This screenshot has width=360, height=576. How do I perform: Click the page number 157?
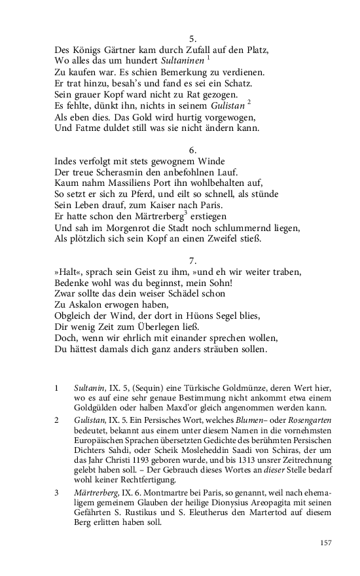coord(327,543)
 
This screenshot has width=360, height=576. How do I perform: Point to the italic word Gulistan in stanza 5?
coord(223,105)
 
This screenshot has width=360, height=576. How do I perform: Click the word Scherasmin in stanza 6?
coord(121,172)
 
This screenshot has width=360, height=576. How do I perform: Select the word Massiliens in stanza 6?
coord(133,183)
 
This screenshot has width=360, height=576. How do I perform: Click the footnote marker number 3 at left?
coord(56,492)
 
